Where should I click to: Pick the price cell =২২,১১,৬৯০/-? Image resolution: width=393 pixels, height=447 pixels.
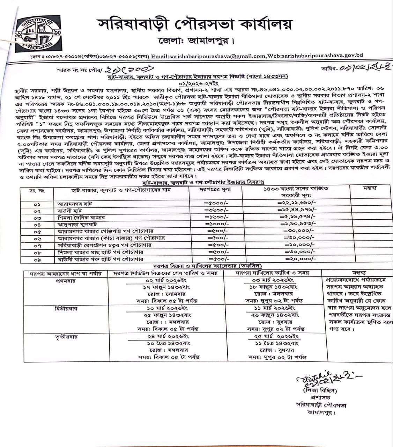tap(297, 203)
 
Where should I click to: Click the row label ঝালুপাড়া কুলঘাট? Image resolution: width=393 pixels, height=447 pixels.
tap(77, 224)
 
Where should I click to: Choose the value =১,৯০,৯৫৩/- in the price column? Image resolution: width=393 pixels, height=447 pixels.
tap(297, 224)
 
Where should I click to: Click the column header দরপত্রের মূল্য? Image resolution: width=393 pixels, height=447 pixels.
tap(215, 189)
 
